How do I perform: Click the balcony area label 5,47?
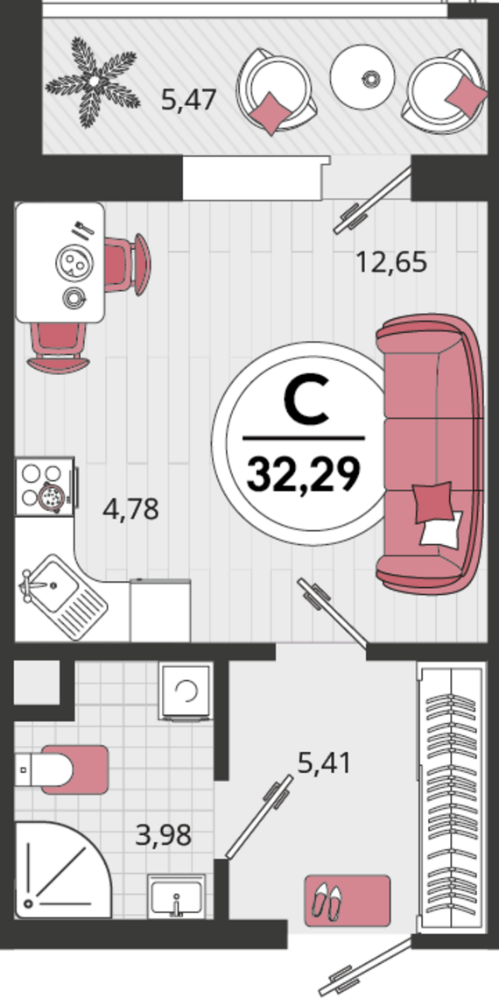coord(189,101)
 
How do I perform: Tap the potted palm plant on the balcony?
coord(93,81)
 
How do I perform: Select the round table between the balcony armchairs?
coord(362,78)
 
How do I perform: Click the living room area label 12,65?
coord(390,262)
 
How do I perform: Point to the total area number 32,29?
coord(304,475)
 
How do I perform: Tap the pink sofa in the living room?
coord(429,454)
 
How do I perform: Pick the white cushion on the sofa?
coord(441,528)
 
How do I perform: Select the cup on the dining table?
coord(74,297)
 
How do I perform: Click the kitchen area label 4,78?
coord(130,510)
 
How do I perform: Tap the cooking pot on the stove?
coord(50,498)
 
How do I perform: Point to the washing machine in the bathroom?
coord(186,691)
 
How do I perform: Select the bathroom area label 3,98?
coord(164,835)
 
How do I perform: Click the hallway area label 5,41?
coord(324,762)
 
